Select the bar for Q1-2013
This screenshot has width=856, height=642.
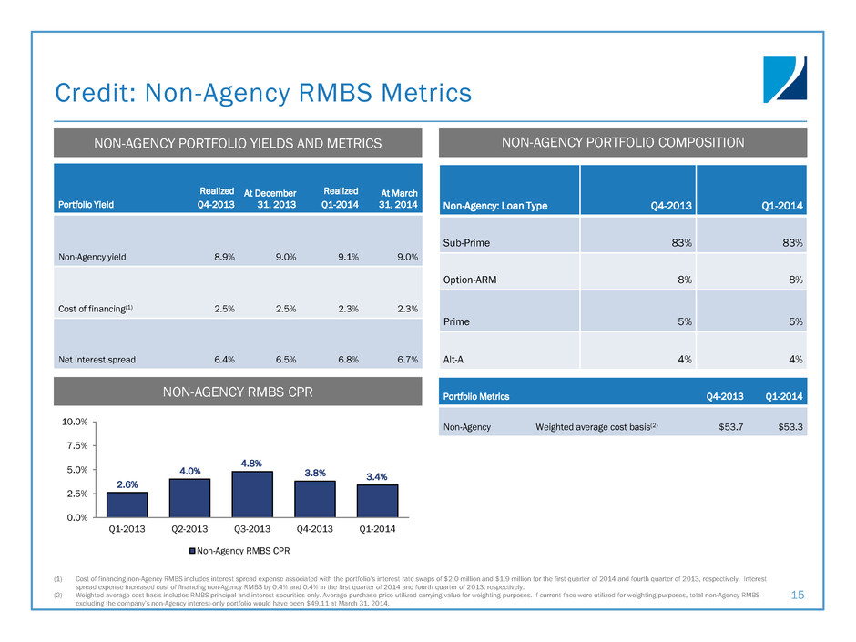[127, 504]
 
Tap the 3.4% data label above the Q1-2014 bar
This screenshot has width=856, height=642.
[378, 475]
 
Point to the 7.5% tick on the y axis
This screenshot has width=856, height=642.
[75, 445]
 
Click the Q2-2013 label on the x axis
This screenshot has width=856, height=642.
[189, 528]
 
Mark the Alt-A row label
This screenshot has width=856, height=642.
[455, 360]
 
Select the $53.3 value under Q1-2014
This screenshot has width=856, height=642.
[789, 426]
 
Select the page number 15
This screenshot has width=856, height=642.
[799, 596]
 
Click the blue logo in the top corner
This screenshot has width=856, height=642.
[785, 77]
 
